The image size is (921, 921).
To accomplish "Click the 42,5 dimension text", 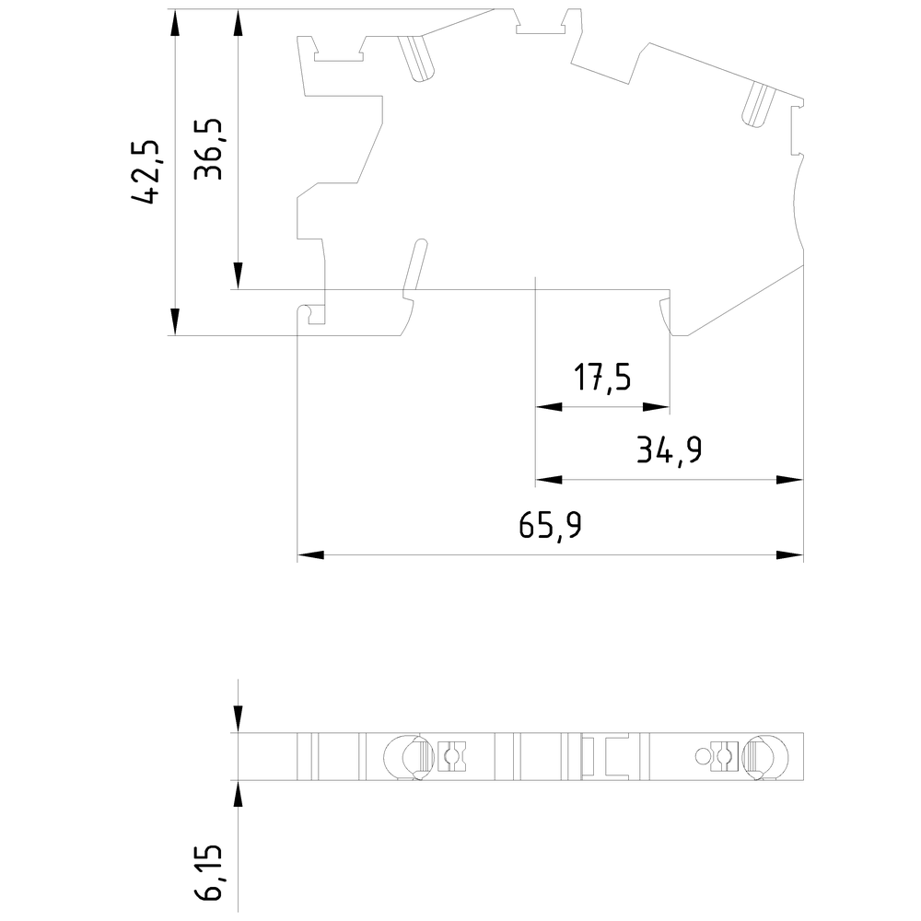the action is (x=146, y=172).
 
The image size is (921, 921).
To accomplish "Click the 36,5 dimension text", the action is (x=208, y=149).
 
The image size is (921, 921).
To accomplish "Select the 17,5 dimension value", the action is (x=602, y=377).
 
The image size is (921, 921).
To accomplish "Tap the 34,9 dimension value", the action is (x=669, y=450).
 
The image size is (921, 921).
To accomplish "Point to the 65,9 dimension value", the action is (x=551, y=525).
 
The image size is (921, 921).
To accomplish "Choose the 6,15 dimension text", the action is (x=209, y=873).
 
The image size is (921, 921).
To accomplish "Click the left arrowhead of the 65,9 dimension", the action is (x=310, y=554).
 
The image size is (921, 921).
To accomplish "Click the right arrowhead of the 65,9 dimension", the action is (x=790, y=554).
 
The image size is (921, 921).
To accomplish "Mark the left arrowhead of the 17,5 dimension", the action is (x=549, y=406).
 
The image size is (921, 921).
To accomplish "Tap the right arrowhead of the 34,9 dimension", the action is (x=790, y=480).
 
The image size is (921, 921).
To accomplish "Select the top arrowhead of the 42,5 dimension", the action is (x=174, y=22).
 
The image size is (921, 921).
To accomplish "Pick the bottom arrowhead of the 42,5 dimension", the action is (x=174, y=321).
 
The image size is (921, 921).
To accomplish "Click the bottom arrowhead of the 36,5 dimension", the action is (x=238, y=275).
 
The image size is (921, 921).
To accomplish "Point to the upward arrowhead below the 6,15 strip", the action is (x=238, y=794).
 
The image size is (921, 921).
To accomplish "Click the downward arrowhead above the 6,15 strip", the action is (x=238, y=719).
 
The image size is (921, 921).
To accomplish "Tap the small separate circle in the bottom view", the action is (x=703, y=756).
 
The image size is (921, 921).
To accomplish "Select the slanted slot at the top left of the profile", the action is (x=416, y=58).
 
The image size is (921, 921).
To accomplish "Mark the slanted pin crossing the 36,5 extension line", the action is (x=414, y=267).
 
